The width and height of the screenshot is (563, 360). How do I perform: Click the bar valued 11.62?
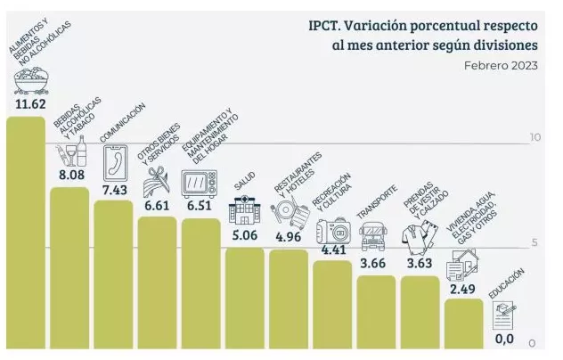click(25, 232)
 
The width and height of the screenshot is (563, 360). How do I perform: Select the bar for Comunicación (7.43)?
click(113, 274)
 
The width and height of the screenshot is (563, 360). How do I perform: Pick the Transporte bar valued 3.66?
click(376, 311)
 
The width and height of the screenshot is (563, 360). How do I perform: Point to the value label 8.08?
click(70, 176)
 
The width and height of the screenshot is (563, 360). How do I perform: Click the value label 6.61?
click(157, 205)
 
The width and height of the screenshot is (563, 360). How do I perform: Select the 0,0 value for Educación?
click(504, 338)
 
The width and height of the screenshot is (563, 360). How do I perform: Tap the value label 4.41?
click(332, 250)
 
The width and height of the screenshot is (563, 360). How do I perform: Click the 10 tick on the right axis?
click(534, 137)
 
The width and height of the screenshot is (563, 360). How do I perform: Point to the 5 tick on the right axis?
click(534, 241)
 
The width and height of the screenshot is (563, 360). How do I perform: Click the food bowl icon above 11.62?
click(29, 82)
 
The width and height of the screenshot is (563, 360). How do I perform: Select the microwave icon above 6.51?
click(199, 183)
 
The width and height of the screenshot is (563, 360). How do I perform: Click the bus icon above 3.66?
click(373, 237)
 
